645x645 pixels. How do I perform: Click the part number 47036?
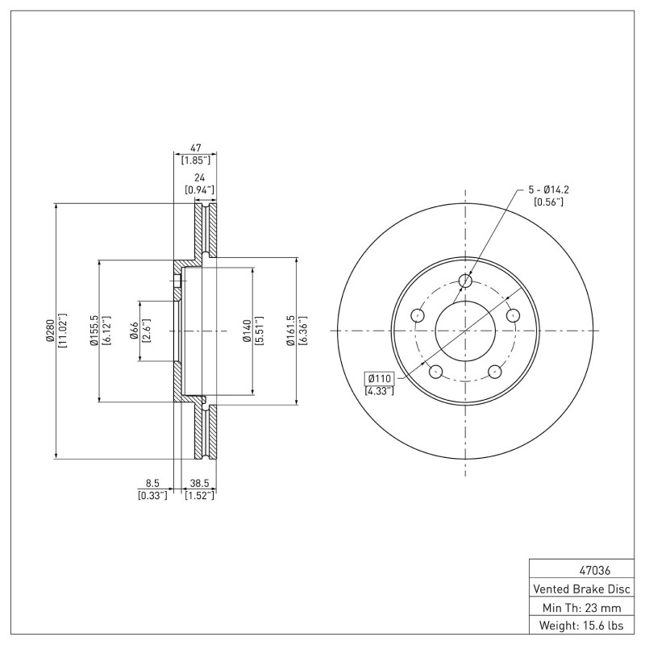595,571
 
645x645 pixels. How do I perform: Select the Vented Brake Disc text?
581,589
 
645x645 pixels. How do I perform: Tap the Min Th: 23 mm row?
581,608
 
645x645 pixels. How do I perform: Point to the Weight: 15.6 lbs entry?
581,626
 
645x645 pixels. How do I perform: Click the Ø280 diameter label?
50,331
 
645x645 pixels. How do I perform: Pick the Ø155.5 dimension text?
94,331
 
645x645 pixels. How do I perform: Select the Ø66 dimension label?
134,331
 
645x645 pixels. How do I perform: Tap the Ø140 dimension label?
247,331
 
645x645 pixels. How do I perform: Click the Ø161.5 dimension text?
291,331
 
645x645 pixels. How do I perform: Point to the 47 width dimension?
195,148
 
